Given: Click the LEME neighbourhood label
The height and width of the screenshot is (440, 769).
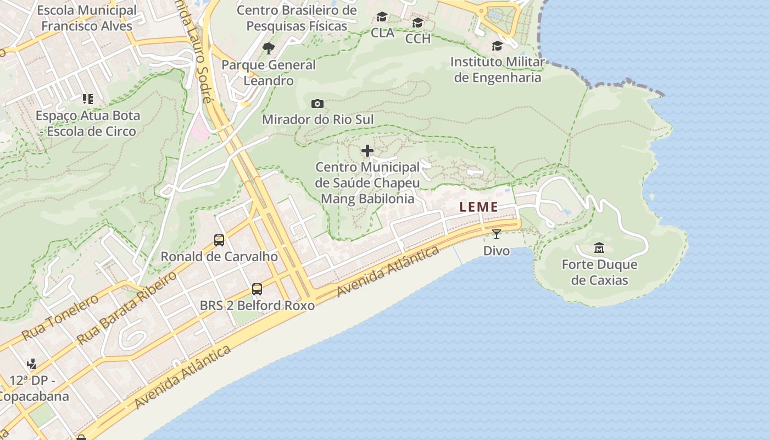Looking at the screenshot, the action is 479,207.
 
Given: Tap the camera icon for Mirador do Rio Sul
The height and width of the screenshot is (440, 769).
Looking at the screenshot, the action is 317,103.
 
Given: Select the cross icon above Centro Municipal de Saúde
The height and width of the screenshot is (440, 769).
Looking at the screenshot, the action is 367,151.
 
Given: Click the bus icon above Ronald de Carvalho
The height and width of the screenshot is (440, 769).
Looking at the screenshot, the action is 219,240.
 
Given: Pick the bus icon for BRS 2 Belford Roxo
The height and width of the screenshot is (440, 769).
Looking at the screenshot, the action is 257,289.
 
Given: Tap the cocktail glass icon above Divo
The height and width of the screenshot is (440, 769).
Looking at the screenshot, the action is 497,234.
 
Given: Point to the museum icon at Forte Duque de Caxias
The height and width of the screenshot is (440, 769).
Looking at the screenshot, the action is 599,248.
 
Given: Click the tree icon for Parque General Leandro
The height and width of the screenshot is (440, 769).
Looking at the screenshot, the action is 269,48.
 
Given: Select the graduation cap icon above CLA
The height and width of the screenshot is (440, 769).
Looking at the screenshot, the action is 382,17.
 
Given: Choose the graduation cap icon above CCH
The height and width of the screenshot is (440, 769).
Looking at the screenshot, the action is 418,23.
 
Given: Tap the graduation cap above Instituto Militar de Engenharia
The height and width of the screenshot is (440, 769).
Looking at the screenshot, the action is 497,46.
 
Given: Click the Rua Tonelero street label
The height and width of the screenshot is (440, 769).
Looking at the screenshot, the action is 60,317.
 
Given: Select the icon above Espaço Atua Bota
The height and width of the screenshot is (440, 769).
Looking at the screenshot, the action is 88,99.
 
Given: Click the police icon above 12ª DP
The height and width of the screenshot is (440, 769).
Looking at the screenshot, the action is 32,364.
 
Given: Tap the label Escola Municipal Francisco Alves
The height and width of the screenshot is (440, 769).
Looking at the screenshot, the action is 87,18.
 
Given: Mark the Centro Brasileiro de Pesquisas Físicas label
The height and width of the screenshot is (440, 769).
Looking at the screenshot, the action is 297,18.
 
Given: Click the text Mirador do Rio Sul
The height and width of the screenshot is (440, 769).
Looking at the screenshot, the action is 317,119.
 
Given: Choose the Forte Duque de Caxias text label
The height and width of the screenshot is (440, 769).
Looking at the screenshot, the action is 599,272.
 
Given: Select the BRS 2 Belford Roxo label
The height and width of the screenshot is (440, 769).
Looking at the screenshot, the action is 257,305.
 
